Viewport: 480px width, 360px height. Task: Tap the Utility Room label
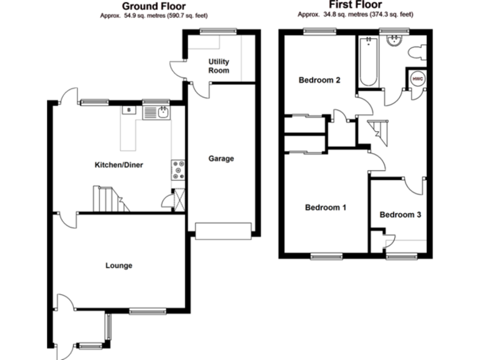pos(219,66)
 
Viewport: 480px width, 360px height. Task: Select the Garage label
pos(221,159)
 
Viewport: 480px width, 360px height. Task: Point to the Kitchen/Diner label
pos(119,166)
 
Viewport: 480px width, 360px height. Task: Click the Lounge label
pos(118,266)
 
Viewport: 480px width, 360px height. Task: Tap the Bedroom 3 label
pos(400,215)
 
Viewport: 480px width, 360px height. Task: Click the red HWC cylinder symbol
pos(417,79)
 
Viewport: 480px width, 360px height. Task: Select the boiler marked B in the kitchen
pos(129,111)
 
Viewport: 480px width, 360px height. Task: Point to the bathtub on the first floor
pos(367,62)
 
